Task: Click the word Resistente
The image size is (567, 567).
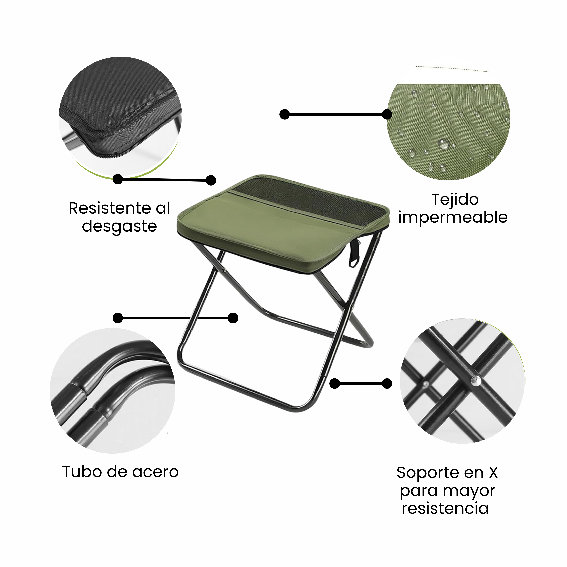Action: [110, 208]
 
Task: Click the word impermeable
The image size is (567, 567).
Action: [453, 217]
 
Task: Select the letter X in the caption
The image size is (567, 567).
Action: [493, 472]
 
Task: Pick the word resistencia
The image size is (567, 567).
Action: [445, 509]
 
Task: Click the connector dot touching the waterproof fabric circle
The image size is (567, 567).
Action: [387, 114]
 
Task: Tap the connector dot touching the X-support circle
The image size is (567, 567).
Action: [387, 384]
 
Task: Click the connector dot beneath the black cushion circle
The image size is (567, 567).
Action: [118, 179]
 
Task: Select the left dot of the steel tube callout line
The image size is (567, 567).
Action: [118, 318]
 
